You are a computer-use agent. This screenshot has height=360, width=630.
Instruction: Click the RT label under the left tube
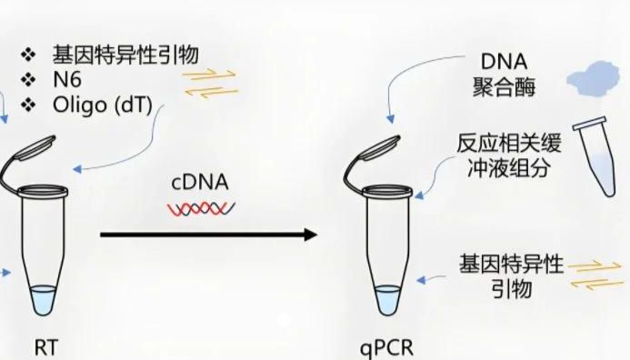[45, 345]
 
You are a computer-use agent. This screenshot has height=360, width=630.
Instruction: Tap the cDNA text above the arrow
[199, 183]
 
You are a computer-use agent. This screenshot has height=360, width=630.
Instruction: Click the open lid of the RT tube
[26, 155]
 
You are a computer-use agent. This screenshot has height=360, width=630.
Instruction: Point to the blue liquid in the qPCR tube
[388, 299]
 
